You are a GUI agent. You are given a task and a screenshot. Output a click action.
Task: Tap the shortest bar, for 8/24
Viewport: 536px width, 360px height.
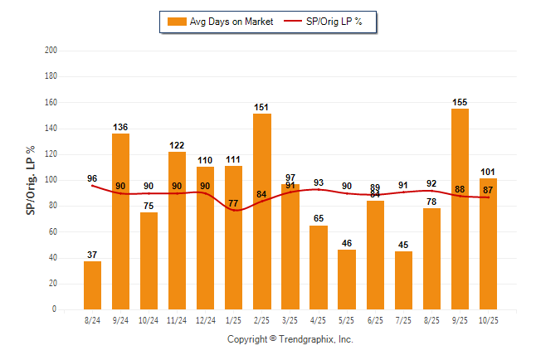pos(92,285)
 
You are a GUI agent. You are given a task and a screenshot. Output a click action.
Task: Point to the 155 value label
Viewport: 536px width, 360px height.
pos(460,102)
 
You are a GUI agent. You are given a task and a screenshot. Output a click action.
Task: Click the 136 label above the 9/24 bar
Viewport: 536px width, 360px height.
pos(120,127)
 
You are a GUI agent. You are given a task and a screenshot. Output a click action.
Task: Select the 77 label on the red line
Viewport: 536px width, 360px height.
pos(234,202)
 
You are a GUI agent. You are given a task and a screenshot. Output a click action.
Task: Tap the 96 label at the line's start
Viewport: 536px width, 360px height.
pos(92,178)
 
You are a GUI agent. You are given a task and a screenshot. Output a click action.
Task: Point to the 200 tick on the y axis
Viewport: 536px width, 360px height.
pos(51,50)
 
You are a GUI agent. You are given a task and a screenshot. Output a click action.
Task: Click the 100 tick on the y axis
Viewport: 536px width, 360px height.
pos(51,180)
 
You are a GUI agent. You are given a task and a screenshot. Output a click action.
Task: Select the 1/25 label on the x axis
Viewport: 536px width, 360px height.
pos(233,319)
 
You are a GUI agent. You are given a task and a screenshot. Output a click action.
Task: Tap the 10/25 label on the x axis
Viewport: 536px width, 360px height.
pos(488,319)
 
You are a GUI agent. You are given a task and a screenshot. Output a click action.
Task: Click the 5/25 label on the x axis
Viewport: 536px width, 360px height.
pos(346,319)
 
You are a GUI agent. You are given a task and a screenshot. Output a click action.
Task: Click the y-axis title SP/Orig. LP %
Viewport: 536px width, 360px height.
pos(31,180)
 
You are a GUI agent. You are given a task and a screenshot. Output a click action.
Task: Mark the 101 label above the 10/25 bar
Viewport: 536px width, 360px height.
pos(488,173)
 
